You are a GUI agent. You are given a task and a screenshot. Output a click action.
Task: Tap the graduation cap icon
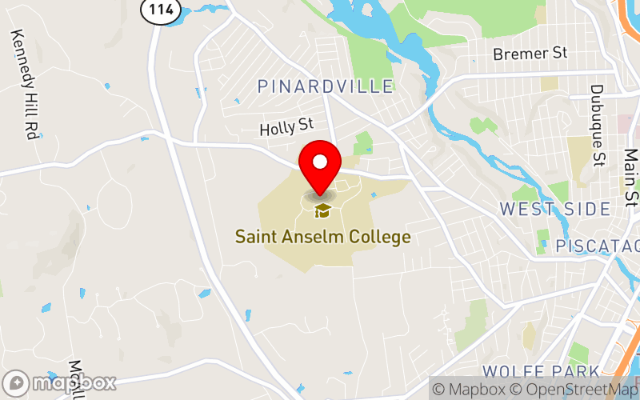322,210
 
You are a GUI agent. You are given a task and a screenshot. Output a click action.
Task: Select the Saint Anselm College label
322,237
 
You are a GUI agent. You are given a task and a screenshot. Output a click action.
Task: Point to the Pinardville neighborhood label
326,86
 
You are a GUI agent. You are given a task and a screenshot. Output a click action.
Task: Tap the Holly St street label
286,126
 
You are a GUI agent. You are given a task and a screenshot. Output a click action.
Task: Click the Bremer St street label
530,53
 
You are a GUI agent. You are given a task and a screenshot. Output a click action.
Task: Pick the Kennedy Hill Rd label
24,85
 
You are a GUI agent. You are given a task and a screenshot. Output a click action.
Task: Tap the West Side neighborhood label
555,209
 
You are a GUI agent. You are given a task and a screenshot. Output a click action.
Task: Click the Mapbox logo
60,382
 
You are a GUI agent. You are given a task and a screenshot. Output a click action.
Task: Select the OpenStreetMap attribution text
578,390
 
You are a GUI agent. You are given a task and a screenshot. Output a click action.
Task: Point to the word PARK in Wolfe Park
573,371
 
